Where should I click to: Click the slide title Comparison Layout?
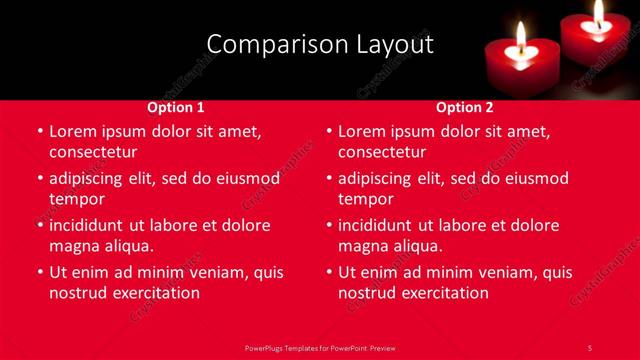[x=320, y=45]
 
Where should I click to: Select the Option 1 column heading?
[x=176, y=107]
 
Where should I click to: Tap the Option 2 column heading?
[x=465, y=107]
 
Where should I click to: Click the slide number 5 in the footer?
[x=590, y=347]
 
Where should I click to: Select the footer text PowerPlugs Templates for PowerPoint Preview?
[x=320, y=347]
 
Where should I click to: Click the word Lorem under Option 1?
[x=72, y=131]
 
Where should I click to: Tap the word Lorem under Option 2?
[x=361, y=131]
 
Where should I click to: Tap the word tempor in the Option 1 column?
[x=77, y=199]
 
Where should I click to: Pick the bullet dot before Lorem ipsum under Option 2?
[x=329, y=131]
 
